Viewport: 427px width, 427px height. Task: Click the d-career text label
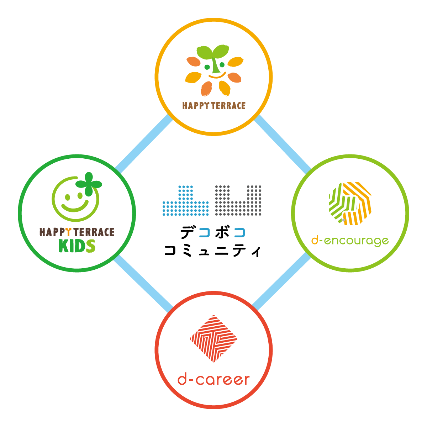point(213,380)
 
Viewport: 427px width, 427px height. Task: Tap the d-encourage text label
point(350,241)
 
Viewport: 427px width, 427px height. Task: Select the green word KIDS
point(77,246)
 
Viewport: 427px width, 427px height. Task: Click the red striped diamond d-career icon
point(213,339)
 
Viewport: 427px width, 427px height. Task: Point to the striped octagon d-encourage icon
point(350,204)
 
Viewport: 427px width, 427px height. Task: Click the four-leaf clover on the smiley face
point(89,184)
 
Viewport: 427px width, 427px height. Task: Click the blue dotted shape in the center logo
point(185,201)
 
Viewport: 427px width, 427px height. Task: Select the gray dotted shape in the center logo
point(238,201)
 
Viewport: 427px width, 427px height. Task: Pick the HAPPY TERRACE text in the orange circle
point(214,106)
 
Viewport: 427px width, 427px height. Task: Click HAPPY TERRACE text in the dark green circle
point(77,232)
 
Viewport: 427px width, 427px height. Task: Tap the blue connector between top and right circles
point(283,144)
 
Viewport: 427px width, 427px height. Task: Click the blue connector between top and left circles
point(144,144)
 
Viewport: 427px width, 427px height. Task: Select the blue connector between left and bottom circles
point(143,284)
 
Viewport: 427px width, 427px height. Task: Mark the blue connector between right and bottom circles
point(281,281)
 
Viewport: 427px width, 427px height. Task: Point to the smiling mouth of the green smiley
point(75,206)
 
